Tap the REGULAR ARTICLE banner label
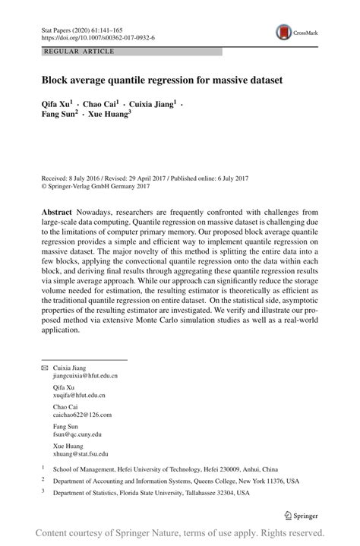[81, 52]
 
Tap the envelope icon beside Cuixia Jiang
[43, 367]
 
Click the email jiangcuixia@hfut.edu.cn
[84, 375]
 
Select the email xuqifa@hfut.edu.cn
[78, 395]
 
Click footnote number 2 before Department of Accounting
[43, 480]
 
